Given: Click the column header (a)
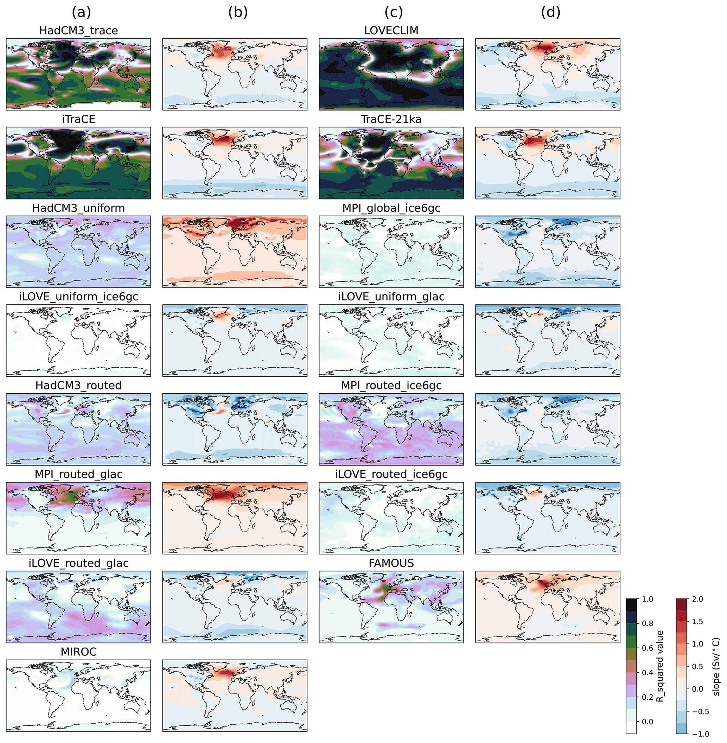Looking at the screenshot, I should [81, 13].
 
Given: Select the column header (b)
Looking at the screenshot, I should [238, 13].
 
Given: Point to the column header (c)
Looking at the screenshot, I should [394, 13].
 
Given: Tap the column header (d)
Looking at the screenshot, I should [550, 13].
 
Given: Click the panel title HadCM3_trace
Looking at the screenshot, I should [78, 31].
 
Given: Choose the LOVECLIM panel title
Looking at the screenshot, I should [391, 31].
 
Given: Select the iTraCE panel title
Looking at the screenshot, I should [78, 119].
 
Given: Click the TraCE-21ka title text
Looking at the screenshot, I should [391, 119].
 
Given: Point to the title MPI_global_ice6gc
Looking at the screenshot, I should [391, 208].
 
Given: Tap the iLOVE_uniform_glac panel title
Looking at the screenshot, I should [391, 297].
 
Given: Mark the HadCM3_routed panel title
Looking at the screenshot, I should [78, 386].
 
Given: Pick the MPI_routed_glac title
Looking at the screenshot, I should [78, 475].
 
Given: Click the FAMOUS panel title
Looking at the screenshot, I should [391, 563].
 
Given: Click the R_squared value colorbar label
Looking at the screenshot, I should [659, 666].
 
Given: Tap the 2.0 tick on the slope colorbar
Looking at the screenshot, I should [697, 599].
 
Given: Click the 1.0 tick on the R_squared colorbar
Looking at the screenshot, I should [648, 599].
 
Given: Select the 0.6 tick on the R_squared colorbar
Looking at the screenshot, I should [648, 648].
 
